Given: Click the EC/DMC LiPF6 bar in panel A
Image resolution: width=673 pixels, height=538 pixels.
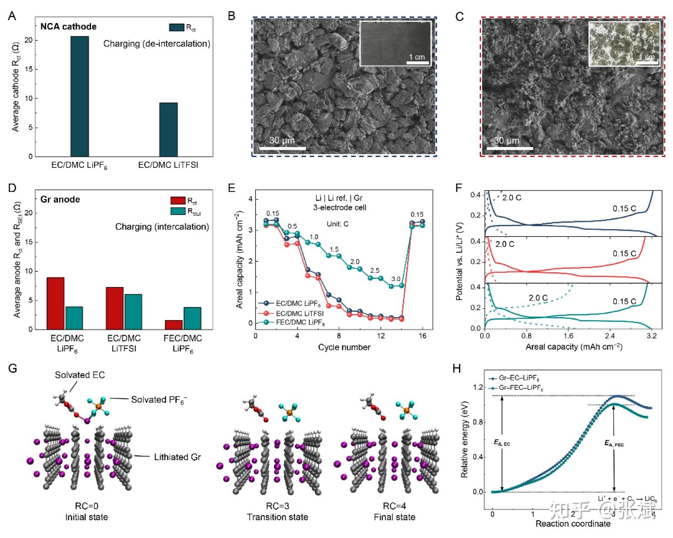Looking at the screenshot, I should (80, 97).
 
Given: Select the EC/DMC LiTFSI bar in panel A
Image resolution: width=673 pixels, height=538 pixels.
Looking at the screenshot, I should (168, 130).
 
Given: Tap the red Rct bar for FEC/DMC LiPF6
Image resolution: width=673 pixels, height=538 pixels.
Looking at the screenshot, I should (174, 324).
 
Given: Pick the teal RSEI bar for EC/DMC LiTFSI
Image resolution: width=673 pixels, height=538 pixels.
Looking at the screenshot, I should (133, 311).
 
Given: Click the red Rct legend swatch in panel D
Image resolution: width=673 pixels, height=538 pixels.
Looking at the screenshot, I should (177, 201).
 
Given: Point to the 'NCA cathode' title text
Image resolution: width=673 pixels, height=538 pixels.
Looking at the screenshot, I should (68, 27).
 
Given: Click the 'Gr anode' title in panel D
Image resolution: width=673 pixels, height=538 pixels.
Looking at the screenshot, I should (60, 200).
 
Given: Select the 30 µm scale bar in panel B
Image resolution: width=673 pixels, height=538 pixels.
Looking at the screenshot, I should (282, 149).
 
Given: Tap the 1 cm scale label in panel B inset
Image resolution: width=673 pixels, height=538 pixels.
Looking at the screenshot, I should (416, 57).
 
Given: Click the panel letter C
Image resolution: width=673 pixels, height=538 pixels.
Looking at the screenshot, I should (459, 17).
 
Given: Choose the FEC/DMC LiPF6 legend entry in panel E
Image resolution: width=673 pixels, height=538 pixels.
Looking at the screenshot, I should (301, 322).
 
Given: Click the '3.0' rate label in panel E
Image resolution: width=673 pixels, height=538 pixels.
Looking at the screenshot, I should (395, 279).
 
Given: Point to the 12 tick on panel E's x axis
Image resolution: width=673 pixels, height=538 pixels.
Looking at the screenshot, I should (381, 336).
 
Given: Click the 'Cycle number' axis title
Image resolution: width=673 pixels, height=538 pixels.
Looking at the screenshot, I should (344, 347).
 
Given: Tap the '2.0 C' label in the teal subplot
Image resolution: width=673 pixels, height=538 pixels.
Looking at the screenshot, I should (538, 298).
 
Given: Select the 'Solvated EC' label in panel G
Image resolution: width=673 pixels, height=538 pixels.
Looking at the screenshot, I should (80, 375).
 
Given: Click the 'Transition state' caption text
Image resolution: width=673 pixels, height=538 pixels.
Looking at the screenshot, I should (277, 517).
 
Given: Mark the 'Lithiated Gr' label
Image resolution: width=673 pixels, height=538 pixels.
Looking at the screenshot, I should (177, 457).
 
